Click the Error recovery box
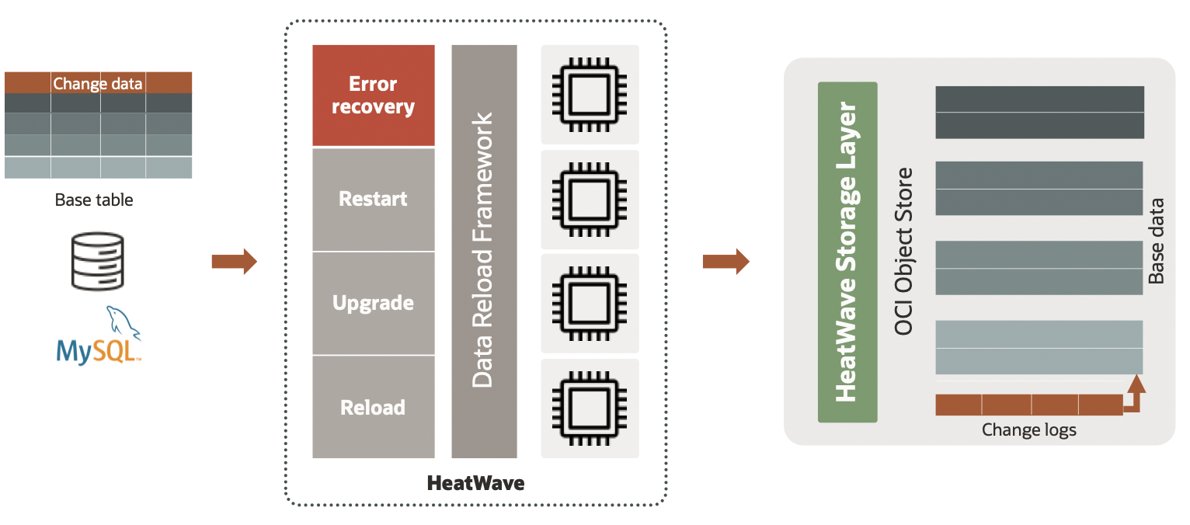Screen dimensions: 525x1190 pyautogui.click(x=373, y=96)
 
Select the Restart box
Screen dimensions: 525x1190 pyautogui.click(x=373, y=199)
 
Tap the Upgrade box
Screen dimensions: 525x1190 pyautogui.click(x=373, y=303)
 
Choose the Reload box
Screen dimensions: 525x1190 pyautogui.click(x=373, y=407)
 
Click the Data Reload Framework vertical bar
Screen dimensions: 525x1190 pyautogui.click(x=483, y=251)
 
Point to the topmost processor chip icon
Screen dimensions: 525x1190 pyautogui.click(x=590, y=95)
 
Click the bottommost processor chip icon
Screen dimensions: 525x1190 pyautogui.click(x=590, y=409)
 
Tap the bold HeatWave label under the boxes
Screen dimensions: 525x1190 pyautogui.click(x=475, y=483)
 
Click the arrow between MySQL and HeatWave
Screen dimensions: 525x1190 pyautogui.click(x=234, y=262)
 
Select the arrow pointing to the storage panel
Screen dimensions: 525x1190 pyautogui.click(x=725, y=262)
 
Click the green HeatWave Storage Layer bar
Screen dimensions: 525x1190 pyautogui.click(x=847, y=252)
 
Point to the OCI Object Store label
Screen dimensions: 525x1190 pyautogui.click(x=903, y=251)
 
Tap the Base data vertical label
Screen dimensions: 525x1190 pyautogui.click(x=1157, y=241)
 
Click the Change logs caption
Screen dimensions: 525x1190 pyautogui.click(x=1028, y=429)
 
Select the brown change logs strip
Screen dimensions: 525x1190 pyautogui.click(x=1028, y=405)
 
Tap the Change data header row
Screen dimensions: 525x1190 pyautogui.click(x=98, y=83)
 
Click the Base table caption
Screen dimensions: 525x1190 pyautogui.click(x=94, y=200)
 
